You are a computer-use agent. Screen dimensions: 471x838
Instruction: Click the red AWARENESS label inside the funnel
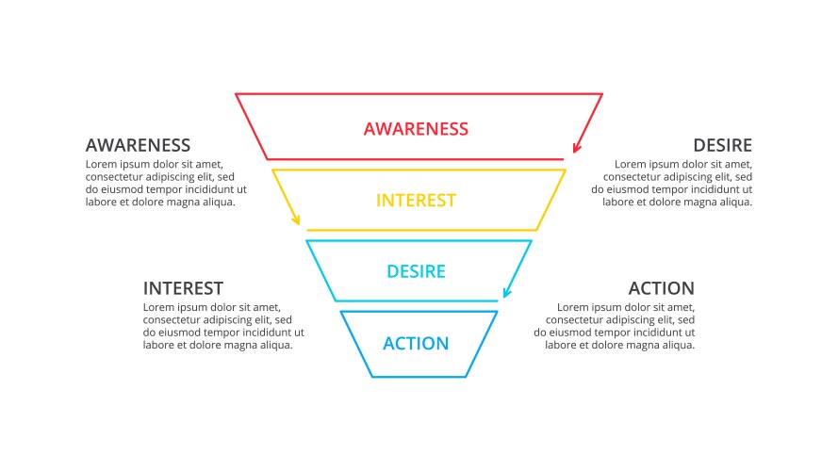(x=416, y=128)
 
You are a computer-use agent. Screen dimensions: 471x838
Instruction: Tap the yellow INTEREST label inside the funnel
(x=416, y=201)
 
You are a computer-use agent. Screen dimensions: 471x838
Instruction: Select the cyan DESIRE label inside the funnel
(x=416, y=272)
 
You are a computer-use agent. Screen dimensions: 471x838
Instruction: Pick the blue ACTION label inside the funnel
(x=416, y=344)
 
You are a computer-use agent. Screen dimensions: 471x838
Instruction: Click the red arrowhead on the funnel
(x=576, y=149)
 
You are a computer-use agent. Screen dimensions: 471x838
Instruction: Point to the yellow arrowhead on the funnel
(x=297, y=221)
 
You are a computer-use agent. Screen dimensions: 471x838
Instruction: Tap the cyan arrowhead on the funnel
(x=507, y=293)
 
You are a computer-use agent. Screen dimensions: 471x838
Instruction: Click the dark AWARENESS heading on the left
(x=138, y=145)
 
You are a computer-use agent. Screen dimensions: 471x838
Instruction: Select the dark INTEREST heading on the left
(x=183, y=288)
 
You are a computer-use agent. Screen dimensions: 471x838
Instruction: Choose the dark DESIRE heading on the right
(x=722, y=145)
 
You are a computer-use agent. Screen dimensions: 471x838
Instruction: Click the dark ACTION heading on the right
(x=662, y=288)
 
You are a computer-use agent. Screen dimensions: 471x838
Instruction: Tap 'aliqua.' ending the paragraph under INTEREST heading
(x=273, y=345)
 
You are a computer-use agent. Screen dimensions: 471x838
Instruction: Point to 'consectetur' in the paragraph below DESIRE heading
(x=632, y=176)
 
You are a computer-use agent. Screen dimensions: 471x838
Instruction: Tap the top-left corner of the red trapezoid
(x=237, y=94)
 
